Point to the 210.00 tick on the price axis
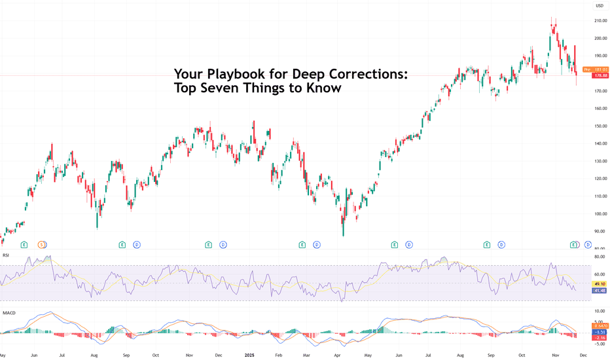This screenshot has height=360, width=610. pyautogui.click(x=600, y=21)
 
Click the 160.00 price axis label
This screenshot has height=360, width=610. pyautogui.click(x=600, y=109)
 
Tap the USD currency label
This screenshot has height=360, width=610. pyautogui.click(x=598, y=6)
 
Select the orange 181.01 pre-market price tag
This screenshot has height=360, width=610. pyautogui.click(x=596, y=69)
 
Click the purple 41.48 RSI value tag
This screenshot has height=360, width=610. pyautogui.click(x=600, y=291)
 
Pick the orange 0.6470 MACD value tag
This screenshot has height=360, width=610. pyautogui.click(x=600, y=325)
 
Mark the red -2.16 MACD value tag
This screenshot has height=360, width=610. pyautogui.click(x=600, y=336)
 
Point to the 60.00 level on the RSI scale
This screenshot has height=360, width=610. pyautogui.click(x=600, y=275)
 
